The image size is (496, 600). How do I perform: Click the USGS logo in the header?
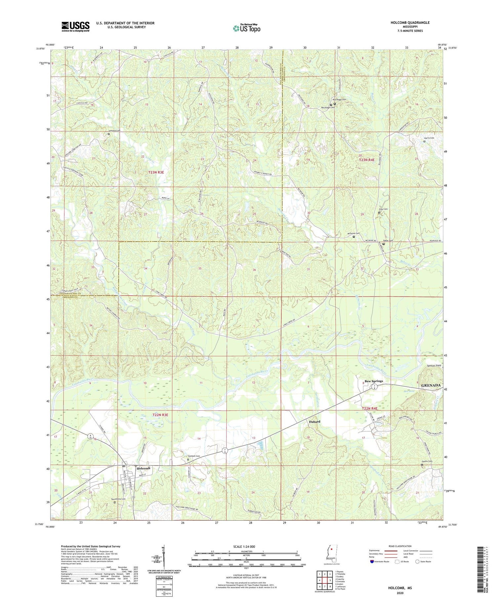point(75,26)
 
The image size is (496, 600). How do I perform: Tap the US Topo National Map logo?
point(246,28)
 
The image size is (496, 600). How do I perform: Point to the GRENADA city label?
point(431,386)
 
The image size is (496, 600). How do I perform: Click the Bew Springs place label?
point(374,381)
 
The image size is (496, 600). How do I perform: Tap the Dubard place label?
point(314,422)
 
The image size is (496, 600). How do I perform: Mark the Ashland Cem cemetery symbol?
point(108,134)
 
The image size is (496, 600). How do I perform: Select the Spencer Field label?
point(434,366)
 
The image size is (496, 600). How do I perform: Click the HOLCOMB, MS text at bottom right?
point(400,588)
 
